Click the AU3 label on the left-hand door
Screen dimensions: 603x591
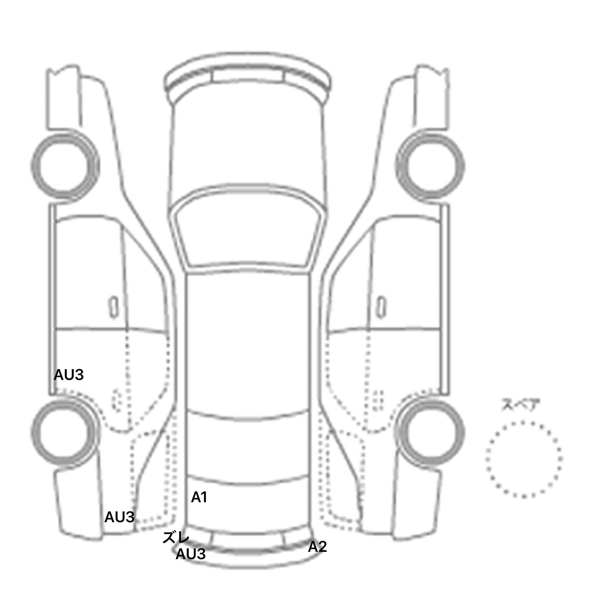pos(68,375)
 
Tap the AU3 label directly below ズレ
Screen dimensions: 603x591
pos(190,554)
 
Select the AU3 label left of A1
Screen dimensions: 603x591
pos(119,517)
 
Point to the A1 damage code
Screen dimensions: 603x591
pos(199,497)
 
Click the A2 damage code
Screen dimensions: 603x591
pos(317,546)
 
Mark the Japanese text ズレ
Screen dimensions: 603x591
pos(175,537)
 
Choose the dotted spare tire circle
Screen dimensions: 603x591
pos(524,459)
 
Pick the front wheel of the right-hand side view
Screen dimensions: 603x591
pos(430,166)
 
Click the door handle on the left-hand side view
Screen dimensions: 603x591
pos(114,307)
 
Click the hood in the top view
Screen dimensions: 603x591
pos(248,146)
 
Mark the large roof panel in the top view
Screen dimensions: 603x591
pos(248,342)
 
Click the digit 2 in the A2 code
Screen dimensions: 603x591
pos(322,546)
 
